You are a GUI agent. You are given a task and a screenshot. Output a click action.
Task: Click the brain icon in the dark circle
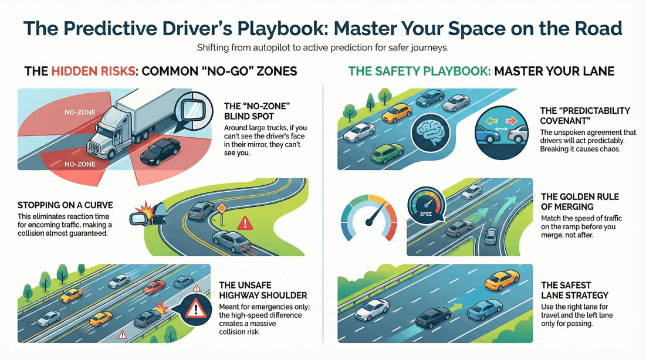point(431,133)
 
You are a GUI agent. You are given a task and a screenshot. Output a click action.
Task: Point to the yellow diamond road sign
point(222,210)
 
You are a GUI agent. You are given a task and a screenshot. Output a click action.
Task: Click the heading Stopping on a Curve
point(65,205)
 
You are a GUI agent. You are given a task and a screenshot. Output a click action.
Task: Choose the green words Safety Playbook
point(419,72)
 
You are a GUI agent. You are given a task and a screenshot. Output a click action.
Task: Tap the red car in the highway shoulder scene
point(154,287)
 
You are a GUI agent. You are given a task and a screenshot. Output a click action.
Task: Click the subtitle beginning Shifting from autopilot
point(323,47)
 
